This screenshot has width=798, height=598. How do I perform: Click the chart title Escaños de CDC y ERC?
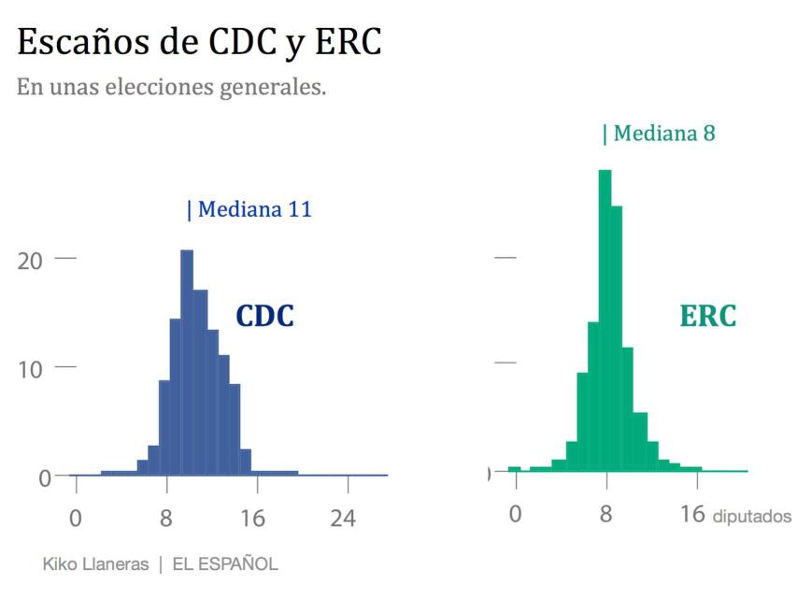click(x=199, y=42)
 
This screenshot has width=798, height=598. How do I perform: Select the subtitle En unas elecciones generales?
click(x=171, y=88)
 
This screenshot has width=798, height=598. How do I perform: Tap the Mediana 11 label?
click(x=249, y=209)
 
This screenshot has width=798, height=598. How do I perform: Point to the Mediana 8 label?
click(x=659, y=134)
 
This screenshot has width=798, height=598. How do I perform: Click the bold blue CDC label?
click(x=264, y=317)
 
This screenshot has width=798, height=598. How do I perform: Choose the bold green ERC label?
click(x=707, y=317)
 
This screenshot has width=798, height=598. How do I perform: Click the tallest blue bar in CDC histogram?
click(x=187, y=364)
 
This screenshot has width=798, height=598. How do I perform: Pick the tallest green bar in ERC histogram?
click(x=605, y=322)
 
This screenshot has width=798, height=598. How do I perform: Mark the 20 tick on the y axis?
click(x=30, y=260)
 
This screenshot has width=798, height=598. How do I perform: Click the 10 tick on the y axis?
click(x=30, y=368)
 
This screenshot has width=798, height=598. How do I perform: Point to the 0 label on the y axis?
click(x=45, y=477)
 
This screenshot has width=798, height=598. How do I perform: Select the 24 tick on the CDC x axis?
click(x=343, y=518)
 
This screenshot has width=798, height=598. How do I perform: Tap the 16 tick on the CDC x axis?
click(x=252, y=518)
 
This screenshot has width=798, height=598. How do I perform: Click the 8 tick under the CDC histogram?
click(x=166, y=518)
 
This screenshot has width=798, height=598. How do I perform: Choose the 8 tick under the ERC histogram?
click(x=606, y=514)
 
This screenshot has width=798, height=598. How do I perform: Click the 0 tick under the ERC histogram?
click(x=515, y=514)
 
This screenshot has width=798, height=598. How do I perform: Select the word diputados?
click(x=751, y=517)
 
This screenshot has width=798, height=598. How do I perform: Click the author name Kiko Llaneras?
click(x=96, y=564)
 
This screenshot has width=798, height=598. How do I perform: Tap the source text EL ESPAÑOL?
click(x=224, y=564)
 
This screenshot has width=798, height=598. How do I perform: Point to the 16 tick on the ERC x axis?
click(x=692, y=514)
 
